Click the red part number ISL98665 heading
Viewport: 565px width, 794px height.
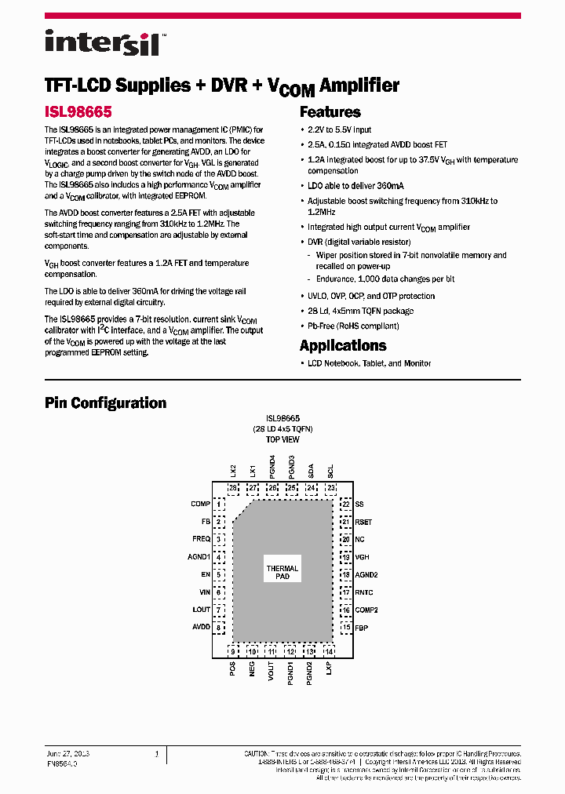77,112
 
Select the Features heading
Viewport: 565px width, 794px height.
330,112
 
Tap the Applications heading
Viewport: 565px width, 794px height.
343,346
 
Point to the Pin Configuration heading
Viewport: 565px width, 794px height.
105,403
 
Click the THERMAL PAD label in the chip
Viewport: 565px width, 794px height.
282,573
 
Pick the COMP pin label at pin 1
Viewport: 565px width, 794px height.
200,504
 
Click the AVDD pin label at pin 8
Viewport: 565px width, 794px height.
201,627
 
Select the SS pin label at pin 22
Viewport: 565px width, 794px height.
359,504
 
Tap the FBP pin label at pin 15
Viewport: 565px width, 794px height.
362,628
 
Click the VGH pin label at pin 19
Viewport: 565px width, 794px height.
362,557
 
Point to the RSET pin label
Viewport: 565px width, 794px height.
363,522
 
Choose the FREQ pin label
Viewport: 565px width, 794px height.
201,539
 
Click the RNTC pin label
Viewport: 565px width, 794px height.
364,592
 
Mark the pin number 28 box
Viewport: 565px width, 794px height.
233,488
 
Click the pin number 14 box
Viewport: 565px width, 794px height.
329,651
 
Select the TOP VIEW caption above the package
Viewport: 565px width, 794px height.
282,440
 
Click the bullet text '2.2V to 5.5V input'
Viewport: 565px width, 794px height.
340,130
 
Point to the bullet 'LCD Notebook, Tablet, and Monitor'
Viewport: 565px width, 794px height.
369,364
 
